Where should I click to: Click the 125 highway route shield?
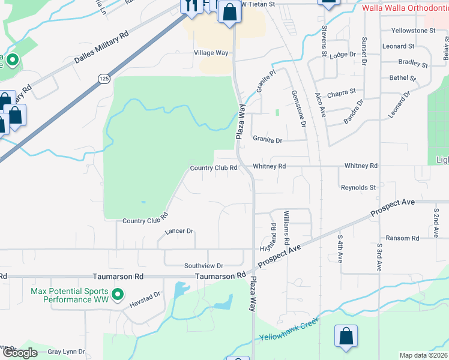click(x=104, y=79)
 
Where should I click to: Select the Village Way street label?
click(x=211, y=53)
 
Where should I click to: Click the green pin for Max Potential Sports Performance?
click(x=118, y=294)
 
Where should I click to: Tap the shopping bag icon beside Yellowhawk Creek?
click(x=346, y=337)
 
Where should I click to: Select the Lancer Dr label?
click(x=179, y=231)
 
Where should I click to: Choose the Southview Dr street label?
click(x=203, y=265)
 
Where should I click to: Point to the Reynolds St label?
click(x=358, y=188)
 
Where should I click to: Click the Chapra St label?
click(x=342, y=92)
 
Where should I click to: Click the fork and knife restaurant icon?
click(x=191, y=5)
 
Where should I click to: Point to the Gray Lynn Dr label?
click(x=66, y=352)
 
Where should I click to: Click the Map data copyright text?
click(x=423, y=355)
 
